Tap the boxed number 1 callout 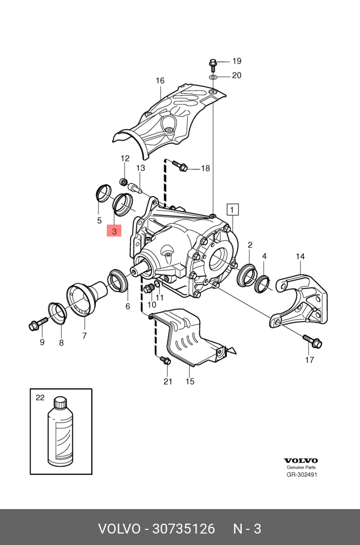coord(232,209)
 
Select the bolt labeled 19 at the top coord(213,64)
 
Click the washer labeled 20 coord(213,77)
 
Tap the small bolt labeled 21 coord(165,360)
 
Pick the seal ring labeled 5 coord(103,192)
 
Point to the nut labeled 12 coord(125,182)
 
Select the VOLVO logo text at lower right coord(301,461)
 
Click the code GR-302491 coord(302,475)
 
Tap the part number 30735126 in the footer coord(183,529)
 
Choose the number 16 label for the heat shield coord(160,81)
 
